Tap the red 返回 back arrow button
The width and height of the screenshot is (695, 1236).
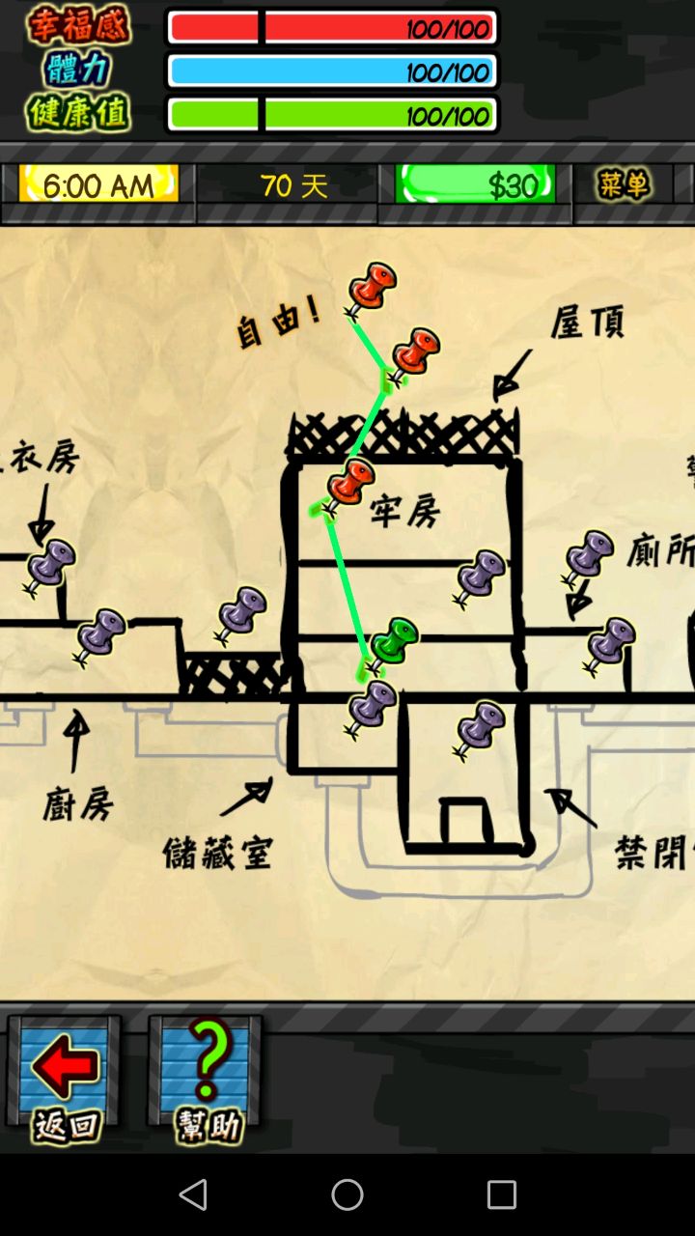coord(65,1080)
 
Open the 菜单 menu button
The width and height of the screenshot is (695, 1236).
coord(623,183)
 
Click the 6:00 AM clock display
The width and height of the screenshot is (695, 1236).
coord(98,183)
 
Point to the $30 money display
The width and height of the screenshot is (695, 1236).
coord(475,183)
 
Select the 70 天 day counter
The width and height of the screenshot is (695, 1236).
coord(293,183)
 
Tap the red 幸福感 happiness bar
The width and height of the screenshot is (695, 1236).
coord(332,28)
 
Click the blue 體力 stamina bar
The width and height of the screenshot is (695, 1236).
coord(332,71)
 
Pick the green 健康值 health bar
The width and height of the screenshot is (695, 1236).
coord(332,115)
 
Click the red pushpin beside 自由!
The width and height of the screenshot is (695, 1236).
coord(371,288)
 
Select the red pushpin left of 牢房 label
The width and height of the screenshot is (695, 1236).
coord(347,485)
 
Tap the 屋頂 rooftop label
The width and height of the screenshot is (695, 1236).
coord(587,323)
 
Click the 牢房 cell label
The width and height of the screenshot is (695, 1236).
coord(405,512)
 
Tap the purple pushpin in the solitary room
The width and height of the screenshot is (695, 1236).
coord(480,728)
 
